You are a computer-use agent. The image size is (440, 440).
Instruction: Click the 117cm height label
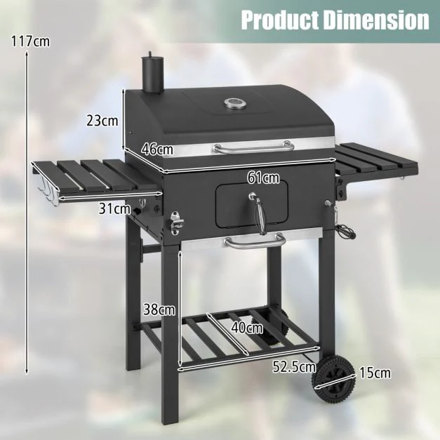pos(30,41)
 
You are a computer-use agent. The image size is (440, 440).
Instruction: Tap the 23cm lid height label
pos(102,120)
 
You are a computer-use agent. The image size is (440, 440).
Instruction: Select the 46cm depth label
pos(157,149)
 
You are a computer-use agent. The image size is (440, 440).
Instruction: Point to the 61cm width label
pos(263,178)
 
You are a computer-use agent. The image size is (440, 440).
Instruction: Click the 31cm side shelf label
pos(114,208)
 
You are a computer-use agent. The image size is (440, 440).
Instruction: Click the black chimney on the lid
pos(152,74)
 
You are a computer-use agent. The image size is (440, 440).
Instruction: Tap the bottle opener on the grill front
pos(175,222)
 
